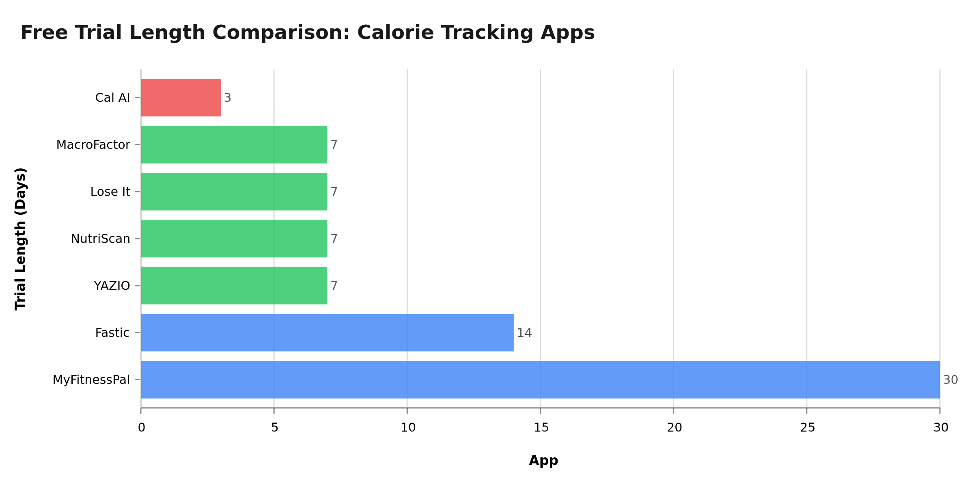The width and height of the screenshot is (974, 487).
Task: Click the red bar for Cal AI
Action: point(181,97)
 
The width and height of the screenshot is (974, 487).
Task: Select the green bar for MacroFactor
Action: point(234,144)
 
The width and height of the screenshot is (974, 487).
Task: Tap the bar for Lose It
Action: point(234,192)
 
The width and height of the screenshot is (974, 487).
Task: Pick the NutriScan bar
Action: point(234,239)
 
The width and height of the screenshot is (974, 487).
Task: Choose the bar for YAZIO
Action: point(234,286)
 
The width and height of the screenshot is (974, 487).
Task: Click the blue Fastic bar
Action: point(327,333)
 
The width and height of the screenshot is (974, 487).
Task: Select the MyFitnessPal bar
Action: point(540,380)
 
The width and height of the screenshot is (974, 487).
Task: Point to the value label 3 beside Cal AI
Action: point(228,98)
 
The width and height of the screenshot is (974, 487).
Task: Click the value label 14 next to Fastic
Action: point(524,333)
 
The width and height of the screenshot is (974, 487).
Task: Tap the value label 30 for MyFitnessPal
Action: point(950,380)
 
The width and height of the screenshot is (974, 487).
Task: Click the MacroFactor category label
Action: point(93,145)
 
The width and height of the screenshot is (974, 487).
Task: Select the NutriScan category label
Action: point(101,239)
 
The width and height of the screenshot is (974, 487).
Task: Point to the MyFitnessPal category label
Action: point(91,380)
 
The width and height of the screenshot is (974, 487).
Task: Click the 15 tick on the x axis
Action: point(541,428)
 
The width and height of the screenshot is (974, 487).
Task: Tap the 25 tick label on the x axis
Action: point(807,428)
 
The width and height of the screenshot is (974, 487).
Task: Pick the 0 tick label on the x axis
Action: point(141,428)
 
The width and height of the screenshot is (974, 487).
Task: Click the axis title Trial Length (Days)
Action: point(20,239)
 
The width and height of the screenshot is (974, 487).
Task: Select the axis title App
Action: point(543,461)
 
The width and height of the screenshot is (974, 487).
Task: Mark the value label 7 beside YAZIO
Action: point(334,286)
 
